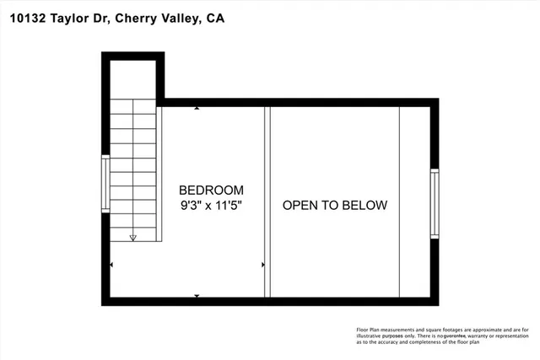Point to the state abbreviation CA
214,18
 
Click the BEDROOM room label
211,190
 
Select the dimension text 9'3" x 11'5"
211,205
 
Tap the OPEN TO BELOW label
334,205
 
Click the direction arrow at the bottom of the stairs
132,239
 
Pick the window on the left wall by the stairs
105,184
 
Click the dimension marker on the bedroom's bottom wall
197,296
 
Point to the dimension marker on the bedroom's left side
112,265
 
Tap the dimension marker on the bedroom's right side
263,265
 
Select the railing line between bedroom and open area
267,202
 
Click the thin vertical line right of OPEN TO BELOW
400,202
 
